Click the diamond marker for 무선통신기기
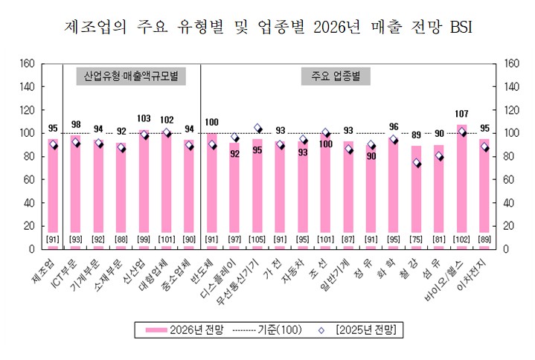coord(257,128)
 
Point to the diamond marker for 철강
coord(417,163)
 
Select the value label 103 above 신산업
coord(144,119)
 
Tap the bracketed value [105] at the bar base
coord(257,239)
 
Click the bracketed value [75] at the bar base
coord(417,239)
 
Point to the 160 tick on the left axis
coord(27,63)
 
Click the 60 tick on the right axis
coord(511,179)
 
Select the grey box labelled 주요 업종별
coord(336,76)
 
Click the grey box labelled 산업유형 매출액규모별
coord(131,76)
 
